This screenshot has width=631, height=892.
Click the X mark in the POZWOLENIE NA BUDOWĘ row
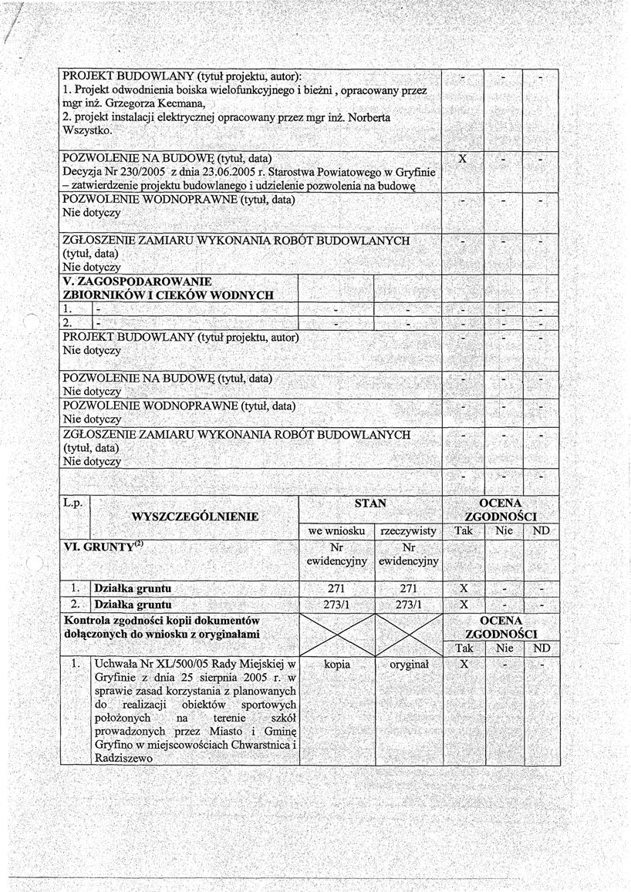(463, 159)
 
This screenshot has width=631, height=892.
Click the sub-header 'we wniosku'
(336, 531)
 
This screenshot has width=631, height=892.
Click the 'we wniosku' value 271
(336, 588)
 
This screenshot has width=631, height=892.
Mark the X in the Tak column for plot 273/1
(464, 604)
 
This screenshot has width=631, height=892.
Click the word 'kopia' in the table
(336, 663)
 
